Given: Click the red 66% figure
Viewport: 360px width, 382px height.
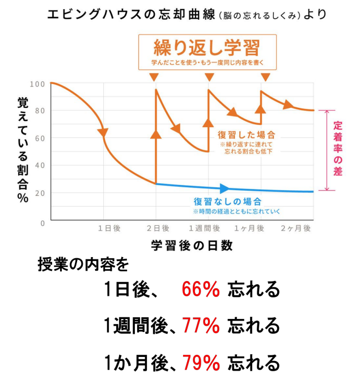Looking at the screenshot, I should [201, 290].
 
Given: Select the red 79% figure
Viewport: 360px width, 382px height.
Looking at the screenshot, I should [201, 361].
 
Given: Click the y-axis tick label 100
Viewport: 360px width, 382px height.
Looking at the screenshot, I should [37, 84].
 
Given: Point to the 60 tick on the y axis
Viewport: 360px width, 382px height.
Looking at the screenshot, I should [40, 138].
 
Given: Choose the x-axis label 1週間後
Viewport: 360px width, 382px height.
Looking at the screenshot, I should [204, 228].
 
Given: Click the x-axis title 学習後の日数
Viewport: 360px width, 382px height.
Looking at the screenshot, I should [192, 246].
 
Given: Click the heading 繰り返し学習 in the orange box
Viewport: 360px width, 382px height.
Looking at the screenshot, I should [207, 46].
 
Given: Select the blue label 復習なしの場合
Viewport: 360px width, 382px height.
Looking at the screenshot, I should [227, 201].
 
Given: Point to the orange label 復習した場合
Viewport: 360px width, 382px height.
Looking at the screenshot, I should [247, 135].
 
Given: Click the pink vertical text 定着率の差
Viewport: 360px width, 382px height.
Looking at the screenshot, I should [338, 149].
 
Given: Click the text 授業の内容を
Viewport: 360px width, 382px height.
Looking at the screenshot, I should [83, 265].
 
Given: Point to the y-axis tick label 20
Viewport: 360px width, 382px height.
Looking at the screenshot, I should [40, 193].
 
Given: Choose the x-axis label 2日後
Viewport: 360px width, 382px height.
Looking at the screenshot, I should [158, 228].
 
